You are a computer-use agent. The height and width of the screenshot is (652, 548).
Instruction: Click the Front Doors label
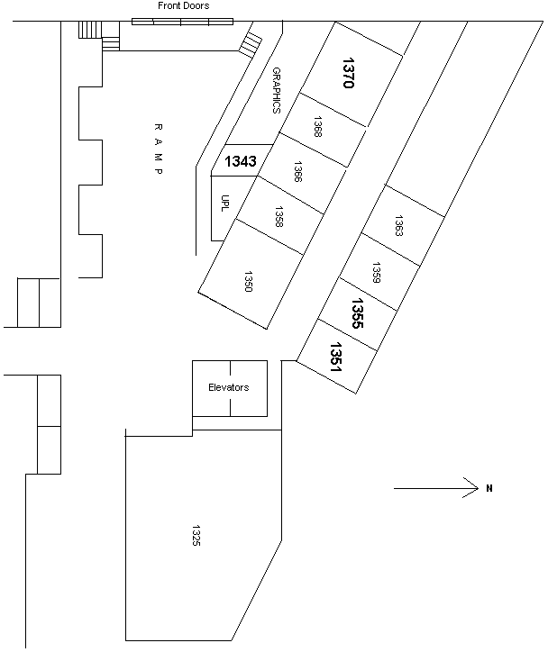coord(183,6)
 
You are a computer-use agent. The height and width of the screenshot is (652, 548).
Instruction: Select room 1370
coord(351,72)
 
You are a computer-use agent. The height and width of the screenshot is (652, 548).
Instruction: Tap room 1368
coord(318,126)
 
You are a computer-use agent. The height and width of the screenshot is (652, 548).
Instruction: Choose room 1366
coord(297,171)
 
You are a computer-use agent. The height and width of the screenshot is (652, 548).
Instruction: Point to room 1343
coord(241,162)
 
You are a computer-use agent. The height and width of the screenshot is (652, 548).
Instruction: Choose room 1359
coord(378,272)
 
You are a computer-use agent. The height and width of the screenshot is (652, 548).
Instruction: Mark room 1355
coord(357,312)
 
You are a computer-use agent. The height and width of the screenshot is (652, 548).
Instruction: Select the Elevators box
coord(230,388)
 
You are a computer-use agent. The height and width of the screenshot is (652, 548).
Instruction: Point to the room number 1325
coord(196,535)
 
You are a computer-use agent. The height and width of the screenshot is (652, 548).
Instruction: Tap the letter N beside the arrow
coord(489,489)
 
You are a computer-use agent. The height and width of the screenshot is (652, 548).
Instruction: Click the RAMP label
coord(157,149)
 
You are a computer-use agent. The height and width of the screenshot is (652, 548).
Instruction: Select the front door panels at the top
coord(182,21)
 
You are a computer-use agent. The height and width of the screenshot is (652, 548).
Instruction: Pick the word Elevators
coord(229,387)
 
